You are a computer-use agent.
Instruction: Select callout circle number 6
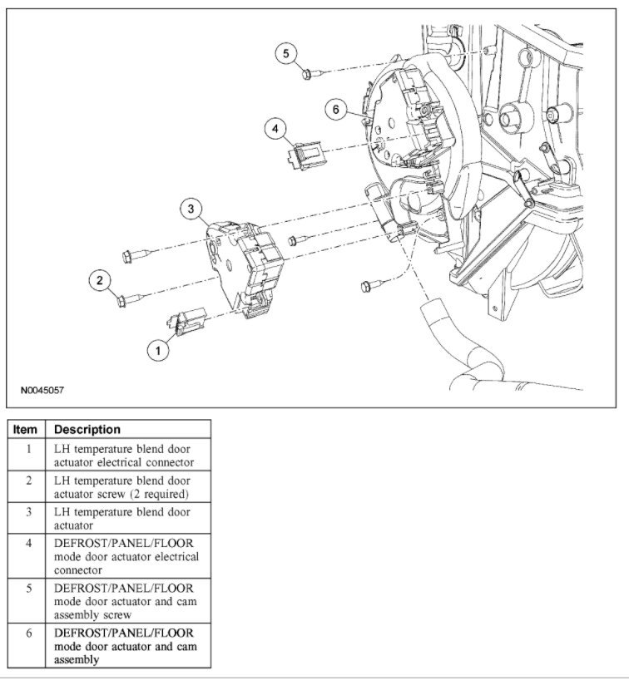point(335,110)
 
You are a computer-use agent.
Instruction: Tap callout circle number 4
point(276,129)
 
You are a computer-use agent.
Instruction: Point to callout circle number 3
point(191,208)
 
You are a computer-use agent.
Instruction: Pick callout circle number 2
point(100,281)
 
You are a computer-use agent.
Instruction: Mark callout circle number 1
point(157,350)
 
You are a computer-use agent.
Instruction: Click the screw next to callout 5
point(308,74)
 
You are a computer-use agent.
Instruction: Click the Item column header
point(26,430)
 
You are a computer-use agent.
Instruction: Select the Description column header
point(87,430)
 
